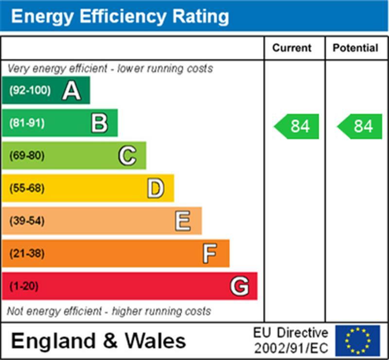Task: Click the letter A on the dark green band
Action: click(x=71, y=90)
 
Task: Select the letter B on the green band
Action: click(x=99, y=123)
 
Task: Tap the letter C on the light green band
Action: click(x=127, y=156)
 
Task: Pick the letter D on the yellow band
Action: click(x=155, y=188)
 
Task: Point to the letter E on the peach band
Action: click(x=183, y=221)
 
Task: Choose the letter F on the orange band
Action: click(x=210, y=253)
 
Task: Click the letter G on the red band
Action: click(x=239, y=286)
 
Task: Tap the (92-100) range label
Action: click(x=30, y=90)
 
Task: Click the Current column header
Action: click(x=292, y=48)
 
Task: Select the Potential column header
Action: click(x=355, y=48)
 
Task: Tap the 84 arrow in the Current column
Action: click(x=297, y=126)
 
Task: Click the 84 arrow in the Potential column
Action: click(x=360, y=126)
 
